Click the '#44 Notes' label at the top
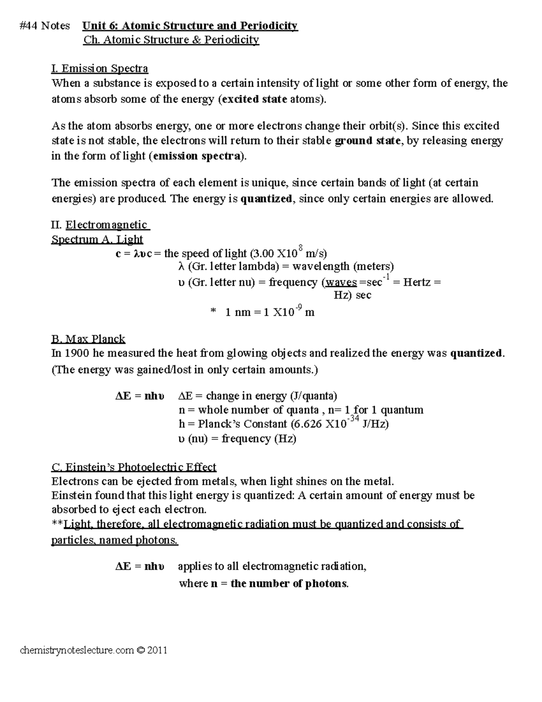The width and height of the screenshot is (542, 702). click(x=45, y=26)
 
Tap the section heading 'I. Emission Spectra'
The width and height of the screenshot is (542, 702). click(x=100, y=69)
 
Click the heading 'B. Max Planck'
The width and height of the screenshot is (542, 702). click(x=88, y=339)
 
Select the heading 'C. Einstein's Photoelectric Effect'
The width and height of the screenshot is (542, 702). click(x=134, y=466)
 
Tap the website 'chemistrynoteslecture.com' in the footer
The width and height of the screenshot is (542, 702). click(x=77, y=650)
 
